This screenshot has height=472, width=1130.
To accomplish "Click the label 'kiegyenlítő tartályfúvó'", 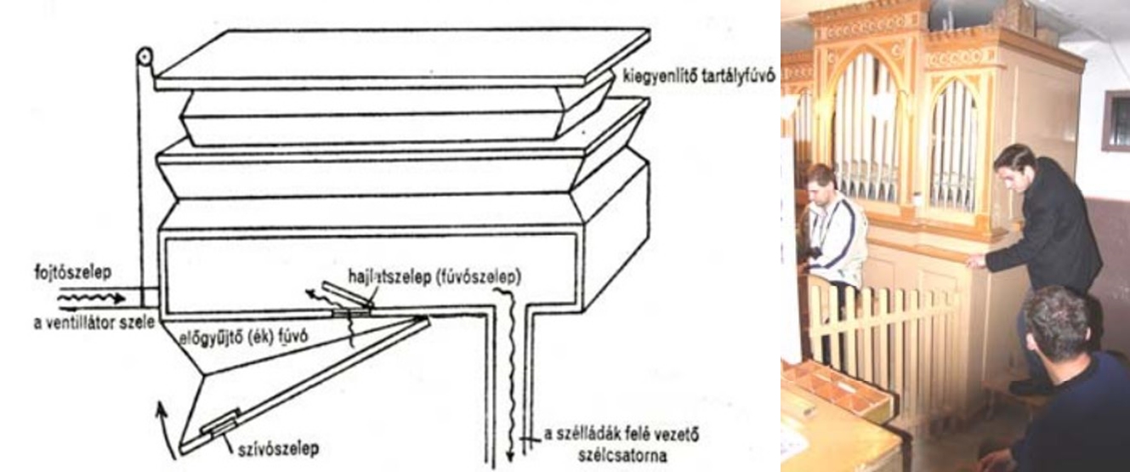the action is [699, 77].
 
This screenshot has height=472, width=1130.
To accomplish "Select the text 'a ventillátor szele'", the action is [94, 322].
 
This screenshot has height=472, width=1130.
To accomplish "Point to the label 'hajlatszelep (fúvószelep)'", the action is [434, 277].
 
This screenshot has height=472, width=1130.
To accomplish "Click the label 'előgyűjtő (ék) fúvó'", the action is [244, 337].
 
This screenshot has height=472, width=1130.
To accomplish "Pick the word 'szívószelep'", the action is [278, 448].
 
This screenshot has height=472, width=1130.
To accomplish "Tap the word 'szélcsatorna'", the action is [622, 455].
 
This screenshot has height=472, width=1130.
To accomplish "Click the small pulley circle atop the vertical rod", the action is [145, 55].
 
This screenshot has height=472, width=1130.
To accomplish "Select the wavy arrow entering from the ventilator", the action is [91, 299].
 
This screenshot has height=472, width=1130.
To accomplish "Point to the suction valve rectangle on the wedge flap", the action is [220, 424].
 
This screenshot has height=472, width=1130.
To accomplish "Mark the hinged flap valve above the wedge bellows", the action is [348, 296].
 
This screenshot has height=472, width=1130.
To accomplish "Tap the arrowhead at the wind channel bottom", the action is [510, 456].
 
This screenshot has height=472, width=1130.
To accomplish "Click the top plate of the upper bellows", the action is [402, 60].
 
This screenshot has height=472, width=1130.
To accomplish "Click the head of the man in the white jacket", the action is [822, 183].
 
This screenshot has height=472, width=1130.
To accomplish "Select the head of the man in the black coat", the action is [1014, 165].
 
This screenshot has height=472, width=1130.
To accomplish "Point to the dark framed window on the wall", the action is [1116, 121].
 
